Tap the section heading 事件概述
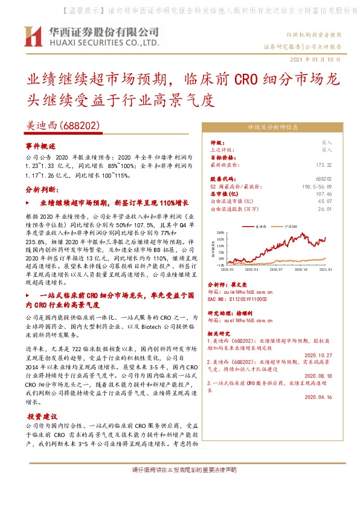tap(40, 146)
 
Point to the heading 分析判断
tap(41, 189)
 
